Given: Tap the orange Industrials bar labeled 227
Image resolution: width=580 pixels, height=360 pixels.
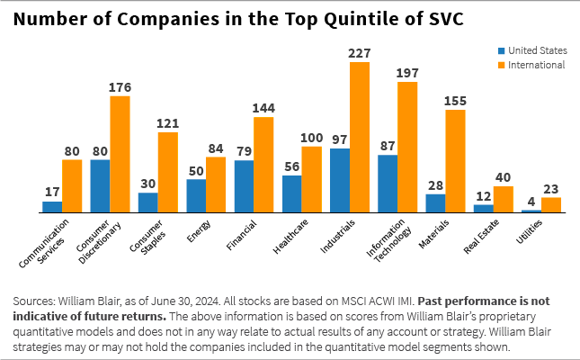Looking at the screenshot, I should (x=360, y=137).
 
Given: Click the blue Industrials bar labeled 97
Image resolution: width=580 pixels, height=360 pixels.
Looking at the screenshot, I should (x=340, y=181).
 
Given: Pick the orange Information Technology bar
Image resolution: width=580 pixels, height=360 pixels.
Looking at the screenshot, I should (x=407, y=147).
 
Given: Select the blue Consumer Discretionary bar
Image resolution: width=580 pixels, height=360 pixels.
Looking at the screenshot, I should (x=101, y=186).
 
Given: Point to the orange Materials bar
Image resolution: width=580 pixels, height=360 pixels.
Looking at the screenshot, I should (x=455, y=161).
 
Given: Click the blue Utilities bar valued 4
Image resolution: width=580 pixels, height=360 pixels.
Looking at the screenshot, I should (x=531, y=211).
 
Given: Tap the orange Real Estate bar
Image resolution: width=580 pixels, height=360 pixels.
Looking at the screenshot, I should (x=504, y=200).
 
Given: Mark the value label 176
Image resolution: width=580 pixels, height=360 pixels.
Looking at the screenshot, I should (x=120, y=86).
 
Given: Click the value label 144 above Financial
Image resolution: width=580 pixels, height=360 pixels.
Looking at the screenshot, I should (x=263, y=108).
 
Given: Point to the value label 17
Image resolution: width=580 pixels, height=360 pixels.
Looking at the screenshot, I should (x=52, y=192).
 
